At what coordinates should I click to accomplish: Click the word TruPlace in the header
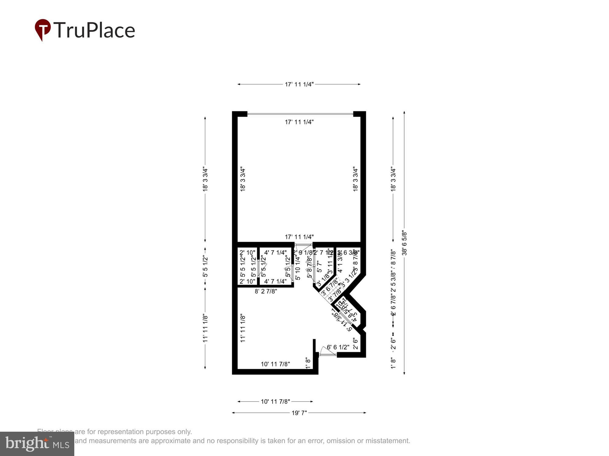coord(94,30)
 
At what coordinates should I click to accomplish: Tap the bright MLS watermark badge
coord(37,444)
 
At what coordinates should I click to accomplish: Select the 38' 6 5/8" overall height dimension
coord(404,243)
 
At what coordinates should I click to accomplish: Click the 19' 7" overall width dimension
coord(299,413)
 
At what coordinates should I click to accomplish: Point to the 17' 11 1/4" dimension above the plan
coord(299,84)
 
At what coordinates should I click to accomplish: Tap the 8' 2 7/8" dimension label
coord(266,291)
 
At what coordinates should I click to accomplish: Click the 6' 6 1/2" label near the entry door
coord(338,347)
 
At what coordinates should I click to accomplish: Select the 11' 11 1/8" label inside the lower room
coord(243,328)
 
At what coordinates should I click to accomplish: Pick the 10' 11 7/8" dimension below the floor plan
coord(275,402)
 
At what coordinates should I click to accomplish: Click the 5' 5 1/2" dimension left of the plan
coord(205,267)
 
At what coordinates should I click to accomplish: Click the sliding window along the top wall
coord(300,114)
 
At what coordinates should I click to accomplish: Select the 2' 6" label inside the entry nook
coord(355,344)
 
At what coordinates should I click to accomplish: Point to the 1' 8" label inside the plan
coord(308,363)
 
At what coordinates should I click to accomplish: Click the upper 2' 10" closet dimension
coord(247,252)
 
